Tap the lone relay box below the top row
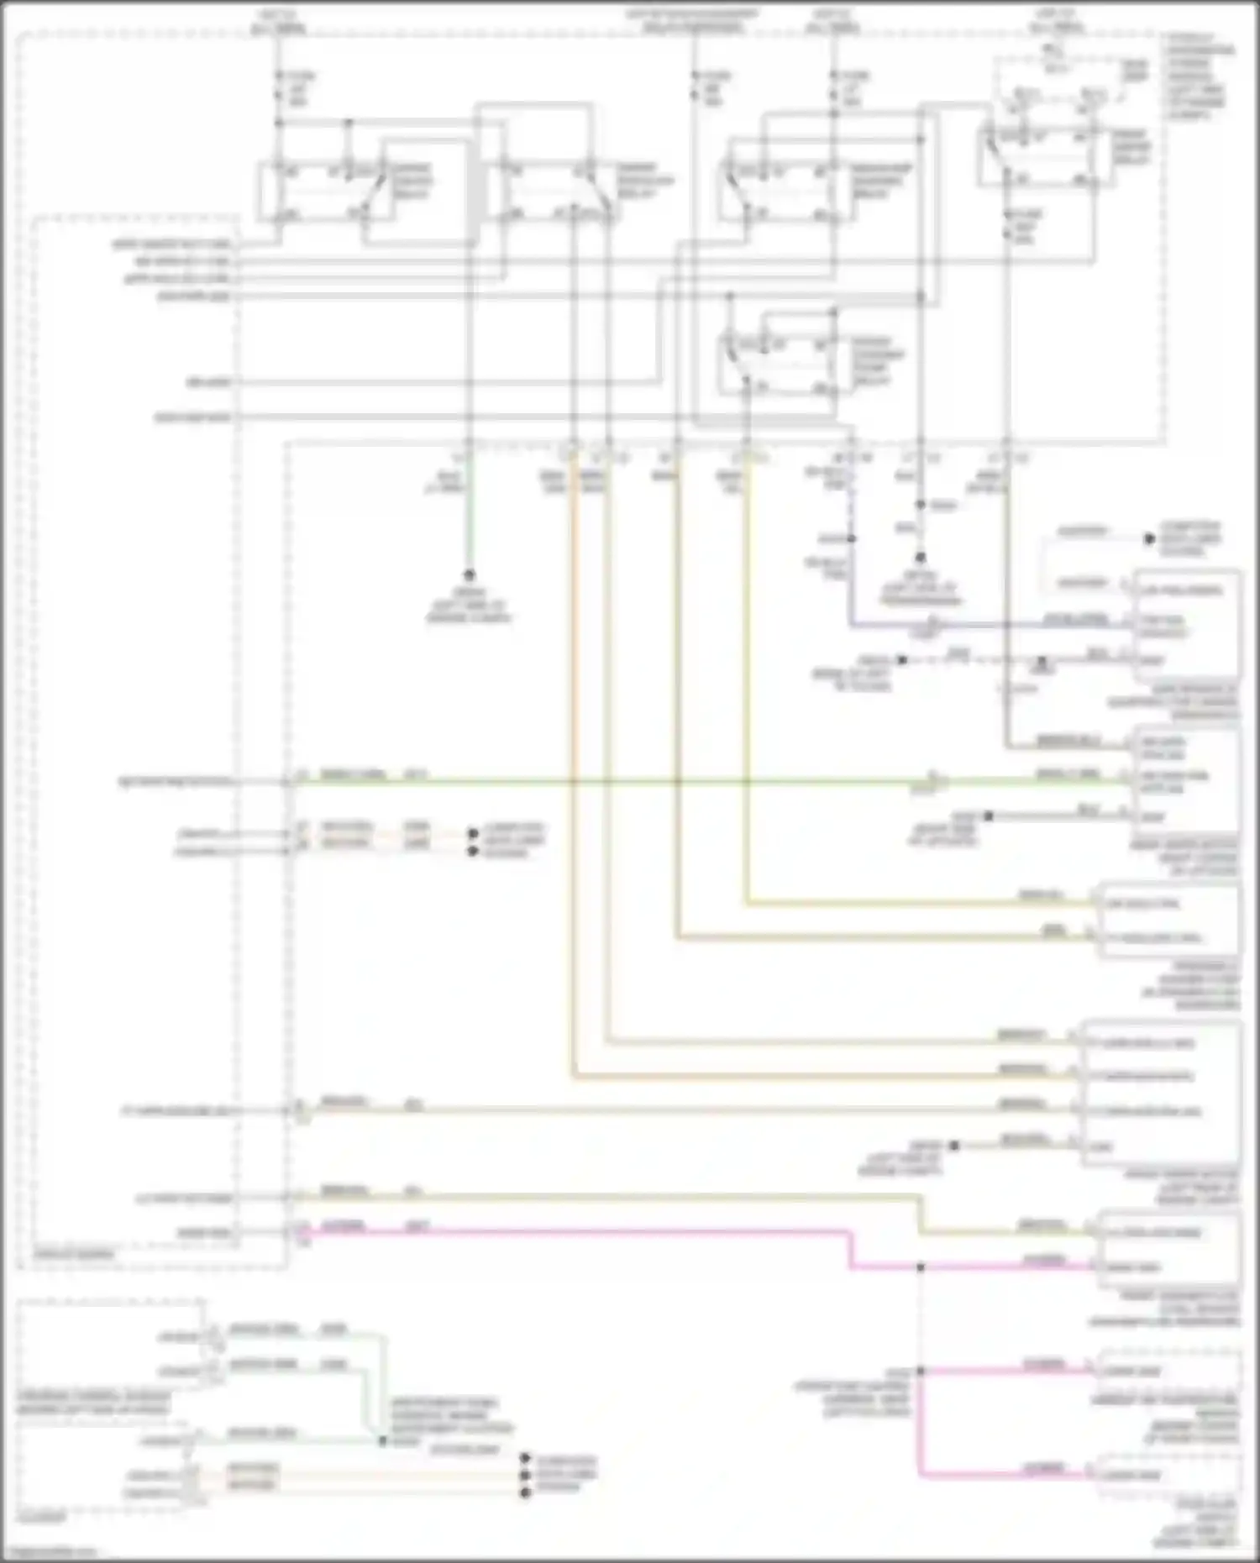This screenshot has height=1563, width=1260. tap(777, 365)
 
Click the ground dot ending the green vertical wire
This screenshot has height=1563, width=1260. tap(469, 575)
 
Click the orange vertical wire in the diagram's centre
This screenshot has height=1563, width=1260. tap(574, 756)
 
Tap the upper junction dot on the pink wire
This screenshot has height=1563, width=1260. tap(921, 1267)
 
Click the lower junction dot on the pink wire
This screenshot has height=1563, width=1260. tap(921, 1371)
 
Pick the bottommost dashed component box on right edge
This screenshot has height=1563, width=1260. tap(1168, 1475)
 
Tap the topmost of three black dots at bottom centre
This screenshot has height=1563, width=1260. tap(526, 1459)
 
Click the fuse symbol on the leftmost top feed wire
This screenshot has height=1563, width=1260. tap(279, 87)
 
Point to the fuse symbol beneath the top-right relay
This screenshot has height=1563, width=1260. tap(1007, 227)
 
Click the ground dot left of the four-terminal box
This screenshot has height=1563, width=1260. tap(953, 1146)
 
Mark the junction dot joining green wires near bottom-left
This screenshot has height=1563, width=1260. tap(382, 1441)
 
